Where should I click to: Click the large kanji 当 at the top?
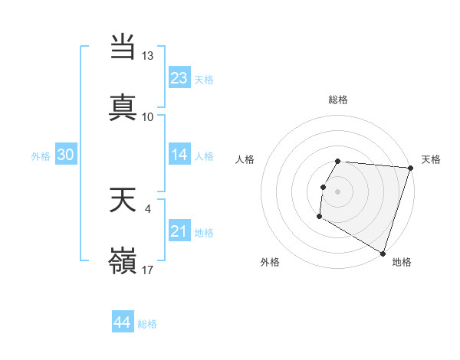click(123, 47)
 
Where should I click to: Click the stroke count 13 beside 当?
click(148, 56)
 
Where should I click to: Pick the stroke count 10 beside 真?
click(148, 117)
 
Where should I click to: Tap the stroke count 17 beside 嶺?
click(148, 270)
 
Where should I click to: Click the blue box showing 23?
click(179, 78)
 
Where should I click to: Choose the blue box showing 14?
click(179, 155)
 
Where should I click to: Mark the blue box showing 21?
click(179, 231)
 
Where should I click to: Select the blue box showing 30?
click(65, 155)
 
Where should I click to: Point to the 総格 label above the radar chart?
click(338, 100)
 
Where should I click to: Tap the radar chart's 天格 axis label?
click(431, 159)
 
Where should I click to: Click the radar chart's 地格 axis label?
click(402, 262)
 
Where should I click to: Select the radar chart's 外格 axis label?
click(270, 262)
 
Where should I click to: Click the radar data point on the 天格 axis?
click(411, 168)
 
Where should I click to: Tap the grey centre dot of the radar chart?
click(338, 191)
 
